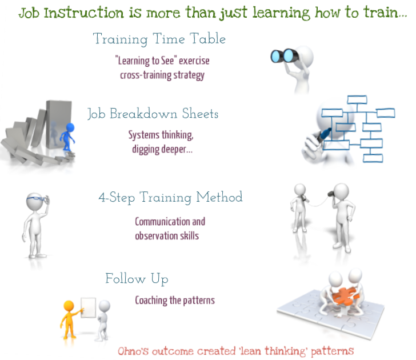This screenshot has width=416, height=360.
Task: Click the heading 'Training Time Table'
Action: click(x=159, y=39)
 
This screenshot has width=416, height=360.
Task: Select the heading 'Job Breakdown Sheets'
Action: click(x=153, y=114)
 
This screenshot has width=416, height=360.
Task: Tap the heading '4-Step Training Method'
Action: click(x=170, y=198)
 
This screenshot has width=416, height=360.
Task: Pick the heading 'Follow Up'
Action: click(x=137, y=279)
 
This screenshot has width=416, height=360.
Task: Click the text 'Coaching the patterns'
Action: click(x=174, y=300)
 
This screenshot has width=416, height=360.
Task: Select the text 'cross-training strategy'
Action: click(x=162, y=75)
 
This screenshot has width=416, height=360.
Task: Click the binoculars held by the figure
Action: click(x=284, y=55)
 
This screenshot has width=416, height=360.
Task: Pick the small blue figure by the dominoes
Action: click(x=69, y=137)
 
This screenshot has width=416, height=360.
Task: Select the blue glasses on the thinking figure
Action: click(x=36, y=199)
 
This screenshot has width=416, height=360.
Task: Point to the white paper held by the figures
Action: click(x=89, y=309)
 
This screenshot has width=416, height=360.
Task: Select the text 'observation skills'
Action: click(x=167, y=235)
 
